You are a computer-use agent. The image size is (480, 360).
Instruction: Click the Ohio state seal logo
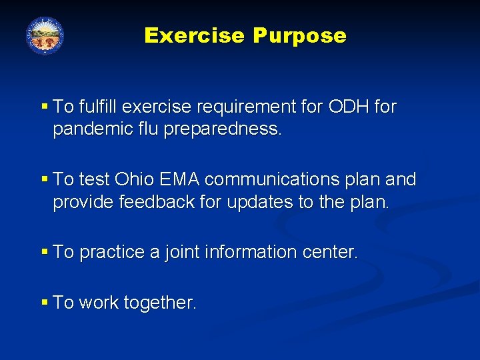pyautogui.click(x=45, y=35)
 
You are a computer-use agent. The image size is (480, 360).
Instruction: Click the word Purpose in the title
pyautogui.click(x=299, y=36)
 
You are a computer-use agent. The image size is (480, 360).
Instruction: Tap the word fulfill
pyautogui.click(x=100, y=107)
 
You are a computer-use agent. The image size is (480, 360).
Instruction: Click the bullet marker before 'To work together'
pyautogui.click(x=45, y=303)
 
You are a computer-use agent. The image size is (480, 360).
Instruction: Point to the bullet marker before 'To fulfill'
pyautogui.click(x=45, y=107)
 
